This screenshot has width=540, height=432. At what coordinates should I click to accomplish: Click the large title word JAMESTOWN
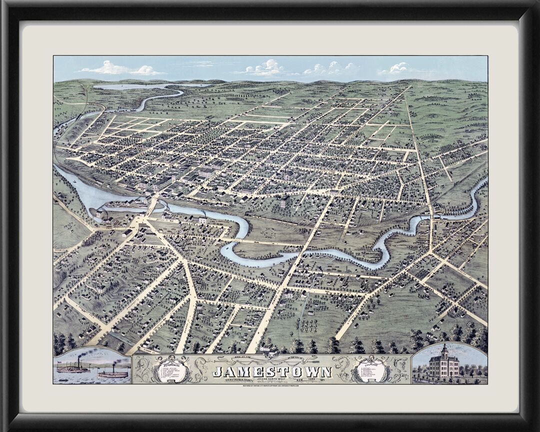click(x=272, y=372)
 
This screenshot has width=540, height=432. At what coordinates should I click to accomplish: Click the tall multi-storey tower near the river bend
click(x=284, y=202)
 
